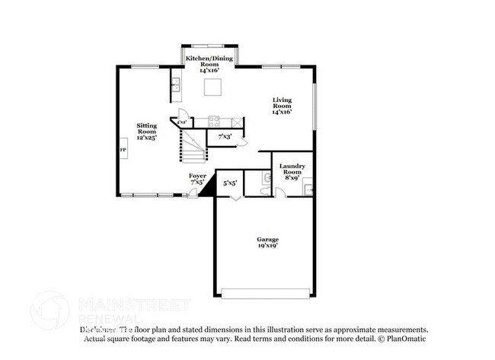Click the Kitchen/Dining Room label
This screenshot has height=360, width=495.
pos(209,62)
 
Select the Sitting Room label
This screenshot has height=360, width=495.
pos(146,131)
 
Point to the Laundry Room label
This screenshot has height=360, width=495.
pos(292,172)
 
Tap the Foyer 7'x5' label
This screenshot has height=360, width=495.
pos(196,180)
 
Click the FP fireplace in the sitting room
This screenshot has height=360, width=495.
pos(123,150)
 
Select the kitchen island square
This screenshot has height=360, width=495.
pos(212,87)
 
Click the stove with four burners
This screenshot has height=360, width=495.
pos(215,120)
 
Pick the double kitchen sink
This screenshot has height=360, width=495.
pos(174,85)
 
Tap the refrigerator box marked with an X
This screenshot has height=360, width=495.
pos(237,120)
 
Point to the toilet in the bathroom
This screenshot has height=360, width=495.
pos(261,190)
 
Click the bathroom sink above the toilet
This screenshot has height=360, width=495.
pos(265,177)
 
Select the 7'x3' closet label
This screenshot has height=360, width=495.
pos(225,137)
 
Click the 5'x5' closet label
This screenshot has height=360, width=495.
pos(229,183)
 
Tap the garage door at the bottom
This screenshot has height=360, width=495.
pos(266,293)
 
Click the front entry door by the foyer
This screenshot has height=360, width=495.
pos(193,195)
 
